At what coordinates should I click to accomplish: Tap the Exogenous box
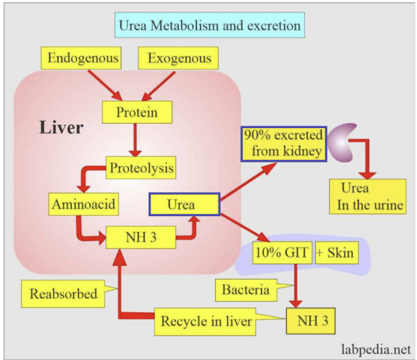pos(179,57)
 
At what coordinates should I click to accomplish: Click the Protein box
pos(137,112)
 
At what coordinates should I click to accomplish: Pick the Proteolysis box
pos(141,169)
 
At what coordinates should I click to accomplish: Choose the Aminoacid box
pos(83,204)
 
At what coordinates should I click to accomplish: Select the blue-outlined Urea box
pos(185,204)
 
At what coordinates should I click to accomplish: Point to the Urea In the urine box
pos(367,196)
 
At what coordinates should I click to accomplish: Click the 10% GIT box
pos(282,253)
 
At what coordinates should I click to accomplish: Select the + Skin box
pos(335,253)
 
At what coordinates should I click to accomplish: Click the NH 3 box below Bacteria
pos(311,321)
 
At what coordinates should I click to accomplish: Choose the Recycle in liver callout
pos(206,321)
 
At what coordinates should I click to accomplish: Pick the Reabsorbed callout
pos(63,294)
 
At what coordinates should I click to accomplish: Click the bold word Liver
pos(61,127)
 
